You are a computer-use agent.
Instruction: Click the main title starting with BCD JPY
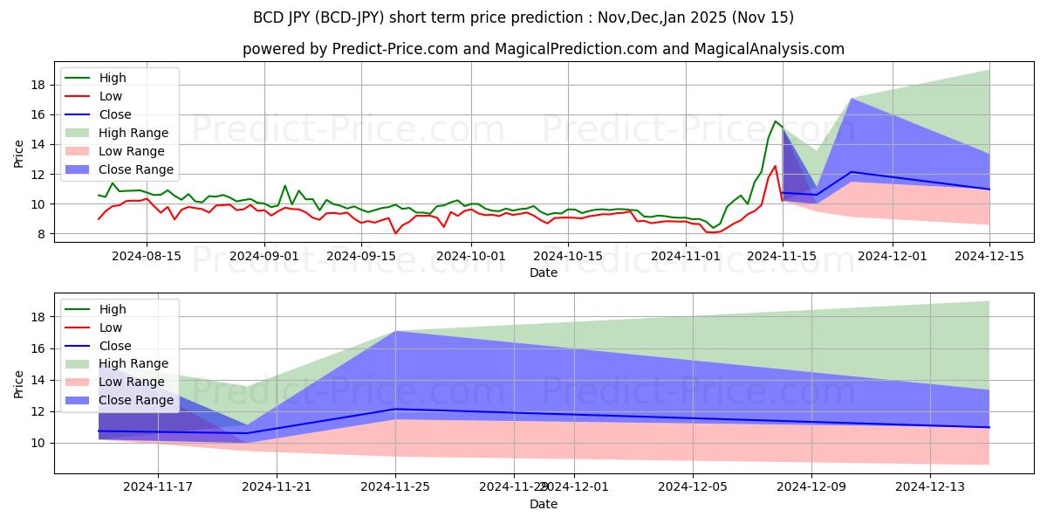tap(523, 17)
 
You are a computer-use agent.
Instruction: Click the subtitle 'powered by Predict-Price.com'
tap(544, 49)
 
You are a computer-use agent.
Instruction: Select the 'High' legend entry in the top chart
tap(112, 79)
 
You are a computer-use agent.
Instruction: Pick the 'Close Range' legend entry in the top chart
tap(136, 169)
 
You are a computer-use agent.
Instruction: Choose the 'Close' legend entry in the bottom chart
tap(115, 345)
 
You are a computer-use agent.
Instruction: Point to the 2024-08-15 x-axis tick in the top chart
tap(146, 255)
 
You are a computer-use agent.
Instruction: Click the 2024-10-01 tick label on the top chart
tap(471, 255)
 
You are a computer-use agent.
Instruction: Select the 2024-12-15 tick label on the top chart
tap(989, 255)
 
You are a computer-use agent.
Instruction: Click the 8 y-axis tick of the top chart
tap(44, 234)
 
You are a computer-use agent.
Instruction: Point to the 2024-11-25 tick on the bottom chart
tap(395, 486)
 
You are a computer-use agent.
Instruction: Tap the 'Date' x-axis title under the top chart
tap(544, 272)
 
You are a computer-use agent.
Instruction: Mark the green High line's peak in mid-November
tap(775, 121)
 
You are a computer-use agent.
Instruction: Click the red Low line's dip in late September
tap(395, 233)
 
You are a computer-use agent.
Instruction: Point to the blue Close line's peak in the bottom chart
tap(395, 409)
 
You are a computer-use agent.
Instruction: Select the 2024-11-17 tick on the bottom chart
tap(158, 486)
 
